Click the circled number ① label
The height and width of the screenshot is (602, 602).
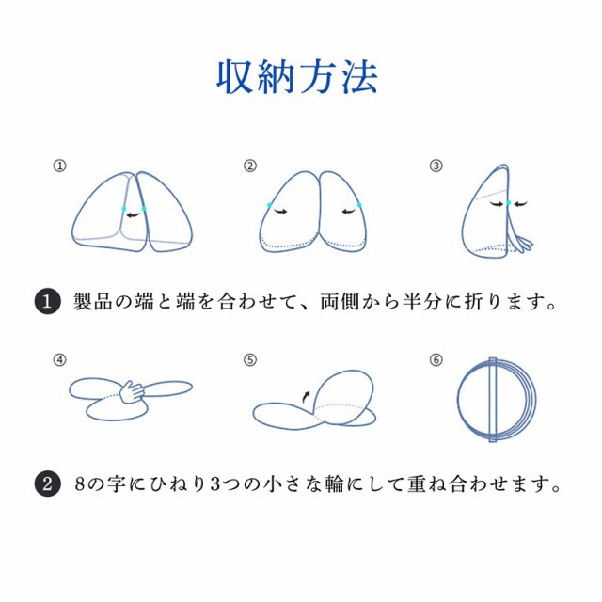(60, 166)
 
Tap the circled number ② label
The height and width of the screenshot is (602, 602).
(250, 166)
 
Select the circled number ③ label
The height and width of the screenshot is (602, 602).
(436, 166)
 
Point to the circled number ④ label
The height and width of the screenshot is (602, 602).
(60, 359)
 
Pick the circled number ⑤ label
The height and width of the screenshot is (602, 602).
(250, 359)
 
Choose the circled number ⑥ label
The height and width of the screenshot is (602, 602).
(436, 359)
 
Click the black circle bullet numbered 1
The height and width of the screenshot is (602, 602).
(47, 303)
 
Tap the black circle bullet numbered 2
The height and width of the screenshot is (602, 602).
(47, 485)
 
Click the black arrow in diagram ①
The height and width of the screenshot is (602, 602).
(135, 214)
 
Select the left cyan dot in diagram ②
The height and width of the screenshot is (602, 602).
(269, 205)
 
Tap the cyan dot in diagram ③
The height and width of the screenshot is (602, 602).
(508, 202)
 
